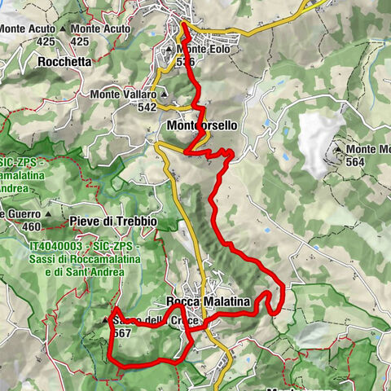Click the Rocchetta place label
pos(61,60)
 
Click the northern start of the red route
pos(183,25)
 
